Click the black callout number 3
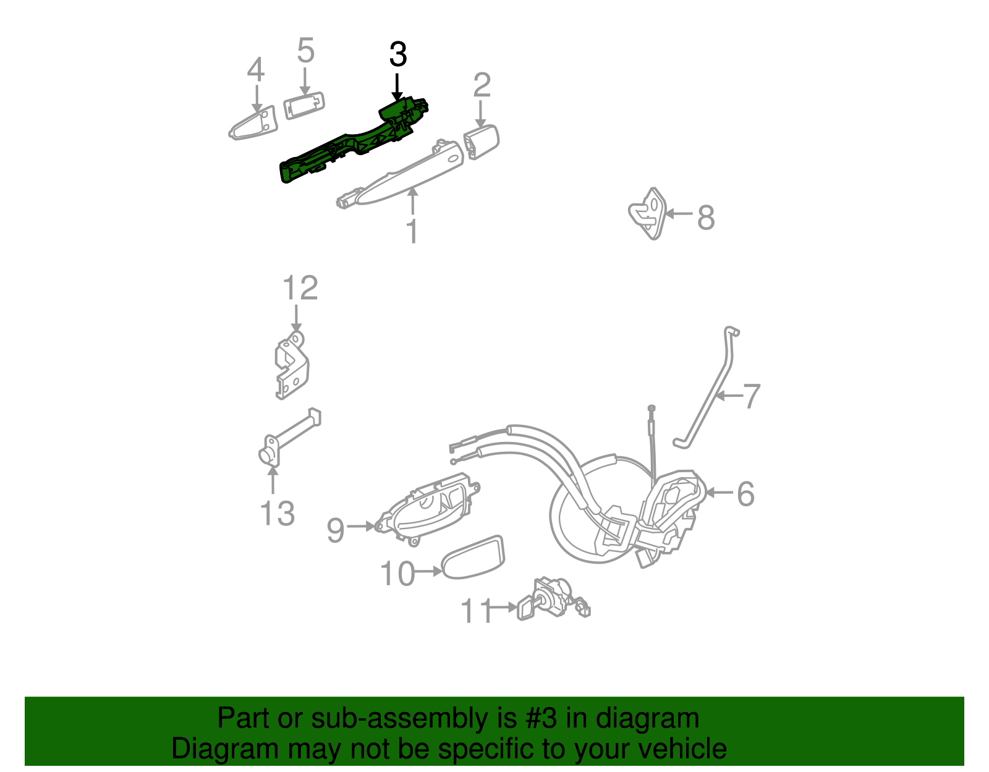(x=398, y=55)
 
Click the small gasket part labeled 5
(x=303, y=105)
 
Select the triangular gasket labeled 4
(x=255, y=124)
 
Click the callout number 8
(x=706, y=218)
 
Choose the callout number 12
(x=300, y=289)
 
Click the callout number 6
(x=745, y=494)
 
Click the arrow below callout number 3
(x=397, y=87)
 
